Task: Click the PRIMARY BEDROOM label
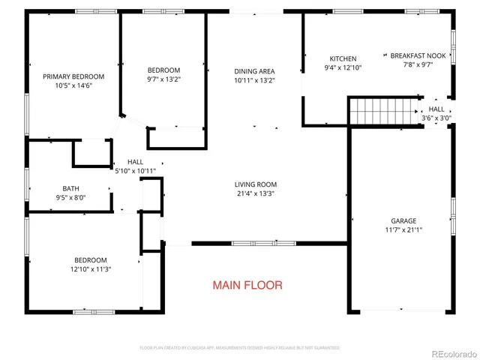pyautogui.click(x=73, y=76)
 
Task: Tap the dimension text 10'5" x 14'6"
pyautogui.click(x=73, y=86)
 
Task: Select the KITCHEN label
pyautogui.click(x=343, y=58)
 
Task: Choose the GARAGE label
pyautogui.click(x=403, y=221)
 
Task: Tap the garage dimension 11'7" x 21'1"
pyautogui.click(x=403, y=230)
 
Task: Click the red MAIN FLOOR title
pyautogui.click(x=247, y=285)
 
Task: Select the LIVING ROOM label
pyautogui.click(x=256, y=184)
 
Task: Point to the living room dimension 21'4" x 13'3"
pyautogui.click(x=256, y=193)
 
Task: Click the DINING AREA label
pyautogui.click(x=256, y=70)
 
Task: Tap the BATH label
pyautogui.click(x=70, y=189)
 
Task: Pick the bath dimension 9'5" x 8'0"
pyautogui.click(x=70, y=198)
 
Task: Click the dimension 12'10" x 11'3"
pyautogui.click(x=90, y=269)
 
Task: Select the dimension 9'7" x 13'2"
pyautogui.click(x=163, y=79)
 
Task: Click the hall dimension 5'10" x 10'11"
pyautogui.click(x=135, y=171)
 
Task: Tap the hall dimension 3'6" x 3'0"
pyautogui.click(x=436, y=118)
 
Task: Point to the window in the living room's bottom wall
pyautogui.click(x=253, y=243)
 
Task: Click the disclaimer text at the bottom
pyautogui.click(x=240, y=348)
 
